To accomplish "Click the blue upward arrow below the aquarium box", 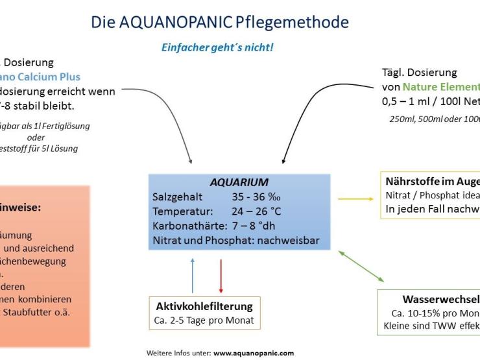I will click(x=192, y=274).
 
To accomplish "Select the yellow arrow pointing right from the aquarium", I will click(x=355, y=199).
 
